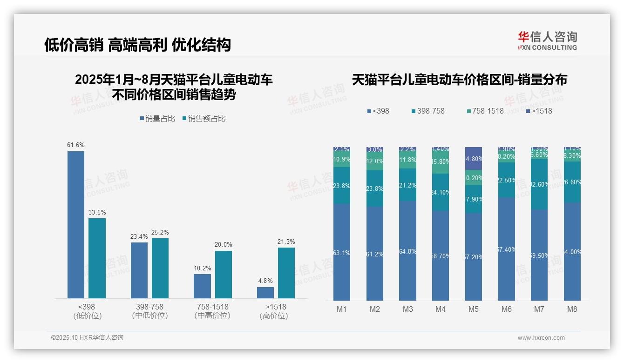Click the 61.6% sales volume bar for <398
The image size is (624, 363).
pyautogui.click(x=76, y=224)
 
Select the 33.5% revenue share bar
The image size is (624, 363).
pyautogui.click(x=97, y=258)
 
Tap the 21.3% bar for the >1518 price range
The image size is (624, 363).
pyautogui.click(x=286, y=273)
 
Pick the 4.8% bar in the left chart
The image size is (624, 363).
pyautogui.click(x=265, y=292)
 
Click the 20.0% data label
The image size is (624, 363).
pyautogui.click(x=224, y=245)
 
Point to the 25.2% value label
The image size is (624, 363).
pyautogui.click(x=160, y=232)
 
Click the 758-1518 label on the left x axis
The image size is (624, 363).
pyautogui.click(x=212, y=307)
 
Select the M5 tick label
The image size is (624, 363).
pyautogui.click(x=474, y=309)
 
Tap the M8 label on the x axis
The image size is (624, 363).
pyautogui.click(x=572, y=309)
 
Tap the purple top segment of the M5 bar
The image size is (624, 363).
pyautogui.click(x=474, y=158)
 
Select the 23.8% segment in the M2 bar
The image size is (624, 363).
pyautogui.click(x=375, y=188)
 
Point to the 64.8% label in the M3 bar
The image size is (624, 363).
pyautogui.click(x=408, y=252)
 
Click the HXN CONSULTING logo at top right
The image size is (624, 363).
pyautogui.click(x=547, y=41)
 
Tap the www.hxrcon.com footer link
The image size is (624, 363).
pyautogui.click(x=541, y=338)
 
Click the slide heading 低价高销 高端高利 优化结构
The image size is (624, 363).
pyautogui.click(x=137, y=45)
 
